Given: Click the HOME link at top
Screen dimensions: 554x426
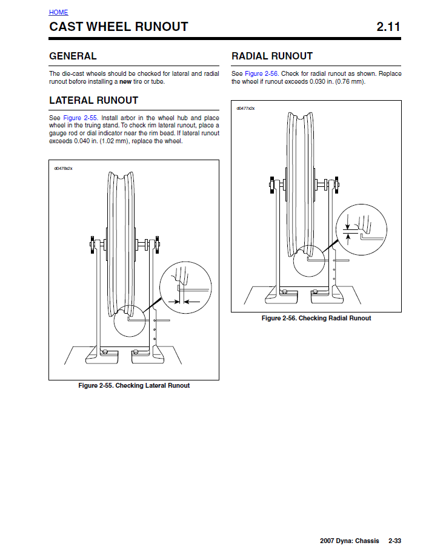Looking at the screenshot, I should tap(59, 12).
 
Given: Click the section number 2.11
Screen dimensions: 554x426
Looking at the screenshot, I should tap(388, 27).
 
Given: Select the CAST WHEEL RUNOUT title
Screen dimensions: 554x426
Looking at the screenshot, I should tap(119, 27).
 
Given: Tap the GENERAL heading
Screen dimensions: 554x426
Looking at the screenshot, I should tap(73, 56).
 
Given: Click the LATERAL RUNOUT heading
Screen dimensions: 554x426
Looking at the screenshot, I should tap(93, 100).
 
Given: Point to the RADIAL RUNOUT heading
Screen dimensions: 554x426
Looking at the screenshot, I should tap(272, 56).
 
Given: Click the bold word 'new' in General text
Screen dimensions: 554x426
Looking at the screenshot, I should tap(125, 82).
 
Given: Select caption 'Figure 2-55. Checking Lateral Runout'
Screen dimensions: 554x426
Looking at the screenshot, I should tap(134, 386).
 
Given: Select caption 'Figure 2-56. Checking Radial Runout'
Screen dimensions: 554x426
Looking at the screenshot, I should tap(316, 318).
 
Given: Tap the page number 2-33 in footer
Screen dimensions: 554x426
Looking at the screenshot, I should tap(396, 541).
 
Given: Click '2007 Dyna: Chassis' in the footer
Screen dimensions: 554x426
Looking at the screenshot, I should tap(351, 541).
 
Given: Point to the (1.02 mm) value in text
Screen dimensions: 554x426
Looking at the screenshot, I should tap(111, 141).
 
